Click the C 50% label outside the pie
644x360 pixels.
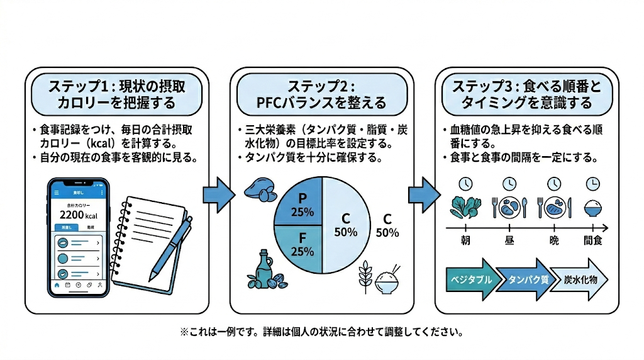click(x=387, y=225)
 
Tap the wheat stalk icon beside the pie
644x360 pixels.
click(x=365, y=276)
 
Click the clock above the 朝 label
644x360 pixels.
click(x=465, y=184)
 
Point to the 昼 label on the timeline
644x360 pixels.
click(x=509, y=241)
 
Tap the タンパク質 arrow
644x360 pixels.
click(x=525, y=278)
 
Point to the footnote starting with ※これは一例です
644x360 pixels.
click(x=321, y=330)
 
